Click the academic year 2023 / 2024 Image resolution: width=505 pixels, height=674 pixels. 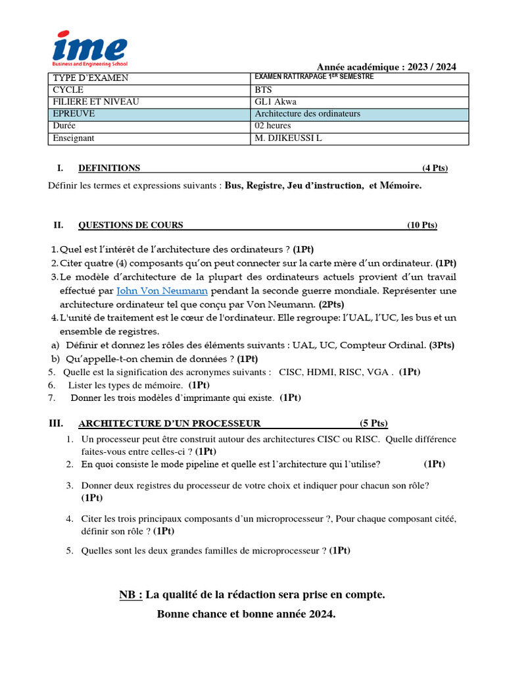[387, 66]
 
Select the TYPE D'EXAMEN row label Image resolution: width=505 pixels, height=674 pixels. [91, 78]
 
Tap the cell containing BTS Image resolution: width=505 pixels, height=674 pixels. [263, 90]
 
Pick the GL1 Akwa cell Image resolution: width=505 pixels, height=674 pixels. [274, 102]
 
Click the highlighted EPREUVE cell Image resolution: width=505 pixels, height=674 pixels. [74, 114]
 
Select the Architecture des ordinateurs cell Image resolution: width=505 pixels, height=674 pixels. [307, 114]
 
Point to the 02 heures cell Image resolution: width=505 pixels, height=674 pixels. [272, 126]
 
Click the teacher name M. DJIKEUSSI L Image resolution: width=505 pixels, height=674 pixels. [289, 138]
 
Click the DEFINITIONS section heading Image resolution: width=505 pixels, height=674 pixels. [109, 168]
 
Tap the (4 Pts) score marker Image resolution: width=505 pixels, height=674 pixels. [435, 168]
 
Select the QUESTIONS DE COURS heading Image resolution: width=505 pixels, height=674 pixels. [130, 225]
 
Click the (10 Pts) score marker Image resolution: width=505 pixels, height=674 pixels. [421, 225]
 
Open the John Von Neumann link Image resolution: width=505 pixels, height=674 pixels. [162, 290]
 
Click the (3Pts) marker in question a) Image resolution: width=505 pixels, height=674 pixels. [441, 345]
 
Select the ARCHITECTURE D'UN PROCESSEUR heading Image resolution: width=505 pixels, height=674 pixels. [169, 423]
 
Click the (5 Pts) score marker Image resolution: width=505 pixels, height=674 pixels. [373, 423]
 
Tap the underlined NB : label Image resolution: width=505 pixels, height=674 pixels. [130, 595]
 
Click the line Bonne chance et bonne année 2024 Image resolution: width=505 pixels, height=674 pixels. [246, 614]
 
